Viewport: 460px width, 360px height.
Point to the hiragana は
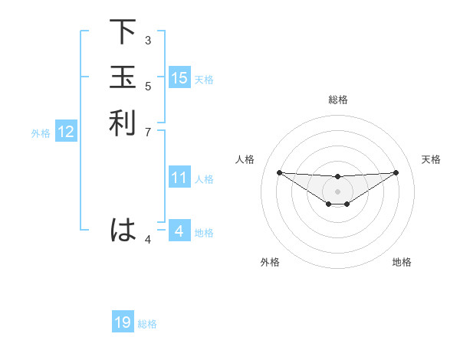coord(123,229)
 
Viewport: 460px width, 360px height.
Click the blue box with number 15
coord(179,78)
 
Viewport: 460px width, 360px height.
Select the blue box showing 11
coord(179,178)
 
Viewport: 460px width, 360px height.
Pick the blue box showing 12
coord(66,132)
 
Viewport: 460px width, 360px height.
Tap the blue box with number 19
coord(123,322)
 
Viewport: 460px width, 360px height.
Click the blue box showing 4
coord(179,231)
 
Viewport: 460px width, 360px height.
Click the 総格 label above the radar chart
coord(338,100)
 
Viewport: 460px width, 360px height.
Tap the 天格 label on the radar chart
coord(432,159)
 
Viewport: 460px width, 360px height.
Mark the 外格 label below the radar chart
coord(270,262)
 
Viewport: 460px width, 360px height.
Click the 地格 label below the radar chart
coord(402,262)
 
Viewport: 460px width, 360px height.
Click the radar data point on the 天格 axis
coord(396,172)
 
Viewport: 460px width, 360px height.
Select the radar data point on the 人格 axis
coord(279,172)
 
